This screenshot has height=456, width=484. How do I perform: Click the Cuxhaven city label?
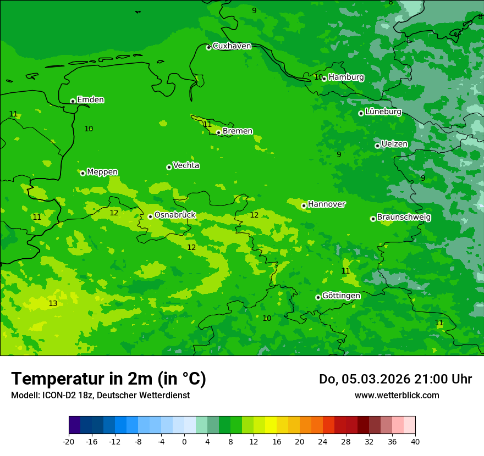coord(232,46)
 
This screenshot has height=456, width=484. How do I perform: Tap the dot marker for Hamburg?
coord(324,79)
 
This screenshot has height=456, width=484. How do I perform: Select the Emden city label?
coord(90,100)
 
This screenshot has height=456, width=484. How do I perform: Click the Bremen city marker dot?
coord(218,132)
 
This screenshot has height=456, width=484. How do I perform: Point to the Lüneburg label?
coord(383,112)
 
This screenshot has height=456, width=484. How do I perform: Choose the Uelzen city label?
coord(394,144)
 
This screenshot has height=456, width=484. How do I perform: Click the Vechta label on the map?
coord(186,165)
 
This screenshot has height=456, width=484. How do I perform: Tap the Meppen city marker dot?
coord(82,173)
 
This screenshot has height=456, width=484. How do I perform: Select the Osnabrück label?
coord(174,215)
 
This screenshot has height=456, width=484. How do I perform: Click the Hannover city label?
coord(326,204)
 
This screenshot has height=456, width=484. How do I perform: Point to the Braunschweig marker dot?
coord(373,219)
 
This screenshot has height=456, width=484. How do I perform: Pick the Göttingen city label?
coord(341,296)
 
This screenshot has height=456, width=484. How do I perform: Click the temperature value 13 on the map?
coord(53,304)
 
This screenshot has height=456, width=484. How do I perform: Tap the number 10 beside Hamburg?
coord(318,77)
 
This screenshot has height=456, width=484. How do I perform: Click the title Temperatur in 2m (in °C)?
coord(108,379)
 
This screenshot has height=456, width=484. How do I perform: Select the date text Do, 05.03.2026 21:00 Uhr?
coord(395,379)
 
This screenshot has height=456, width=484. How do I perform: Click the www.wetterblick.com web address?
coord(397,396)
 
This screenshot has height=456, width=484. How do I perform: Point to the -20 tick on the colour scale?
coord(69,441)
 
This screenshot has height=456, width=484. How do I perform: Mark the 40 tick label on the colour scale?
coord(415,441)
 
